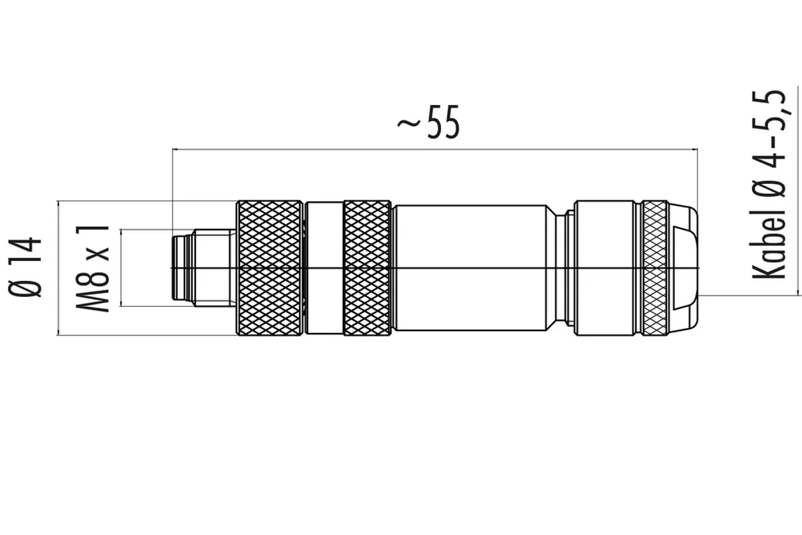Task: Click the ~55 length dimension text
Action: tap(428, 122)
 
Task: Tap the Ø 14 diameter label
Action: tap(25, 267)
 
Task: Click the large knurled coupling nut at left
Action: tap(269, 268)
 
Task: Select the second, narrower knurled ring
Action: tap(367, 268)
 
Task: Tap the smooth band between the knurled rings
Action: tap(324, 268)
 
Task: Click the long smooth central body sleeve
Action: tap(470, 268)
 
